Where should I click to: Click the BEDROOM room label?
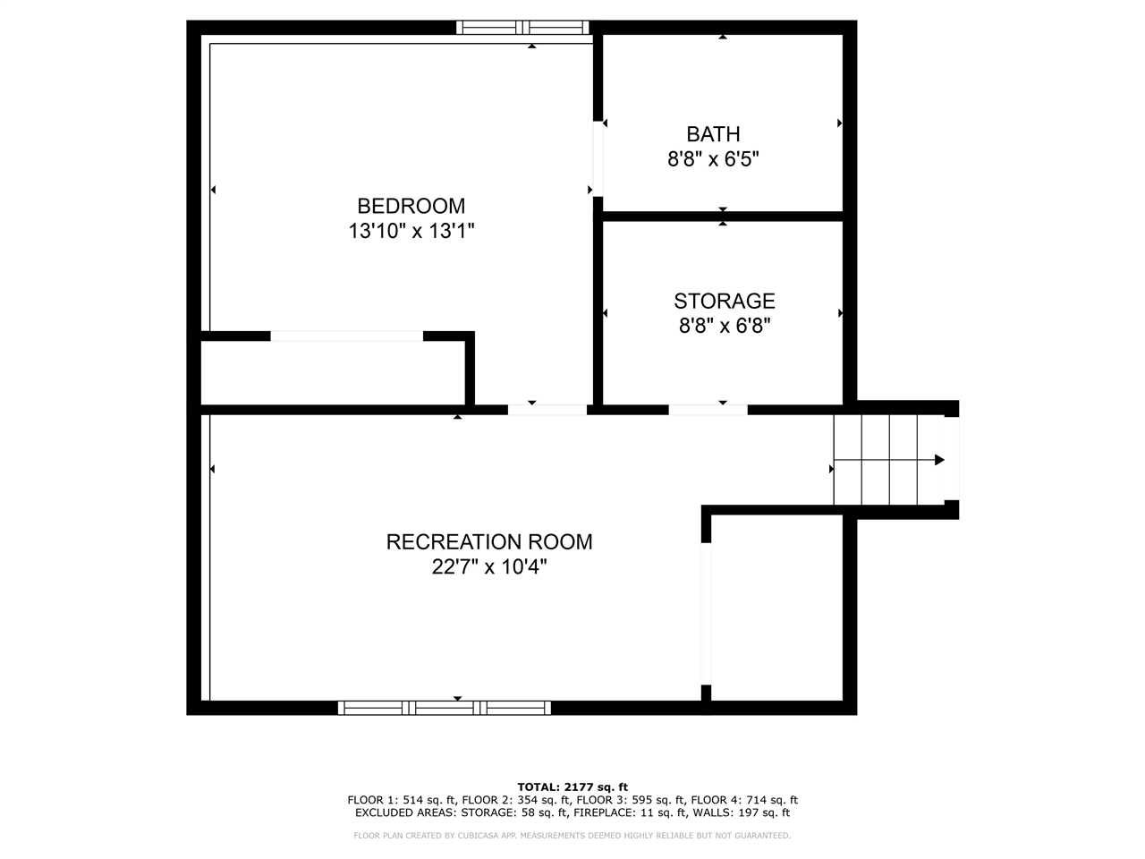pyautogui.click(x=411, y=206)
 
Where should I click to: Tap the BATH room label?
pyautogui.click(x=713, y=134)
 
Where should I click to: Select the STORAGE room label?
pyautogui.click(x=724, y=302)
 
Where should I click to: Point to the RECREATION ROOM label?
pyautogui.click(x=489, y=542)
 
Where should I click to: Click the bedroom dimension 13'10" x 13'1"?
pyautogui.click(x=411, y=232)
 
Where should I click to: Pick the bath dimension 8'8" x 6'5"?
pyautogui.click(x=713, y=160)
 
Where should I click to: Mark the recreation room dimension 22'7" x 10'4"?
pyautogui.click(x=489, y=567)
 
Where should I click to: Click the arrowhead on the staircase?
pyautogui.click(x=939, y=460)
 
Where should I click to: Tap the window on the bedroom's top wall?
pyautogui.click(x=522, y=28)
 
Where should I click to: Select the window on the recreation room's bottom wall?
pyautogui.click(x=445, y=708)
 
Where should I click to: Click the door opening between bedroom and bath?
pyautogui.click(x=598, y=158)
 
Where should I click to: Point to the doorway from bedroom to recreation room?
pyautogui.click(x=547, y=410)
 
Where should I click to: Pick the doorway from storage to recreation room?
pyautogui.click(x=708, y=410)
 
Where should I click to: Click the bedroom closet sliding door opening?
pyautogui.click(x=346, y=336)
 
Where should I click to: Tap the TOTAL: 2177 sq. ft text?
pyautogui.click(x=572, y=787)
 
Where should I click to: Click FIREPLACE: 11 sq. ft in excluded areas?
pyautogui.click(x=640, y=813)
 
